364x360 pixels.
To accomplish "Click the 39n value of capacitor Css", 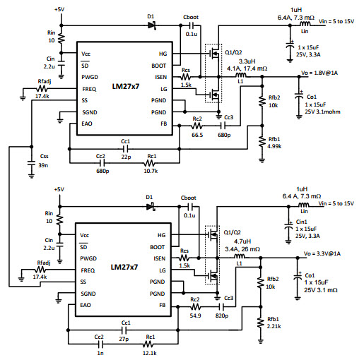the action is click(43, 165).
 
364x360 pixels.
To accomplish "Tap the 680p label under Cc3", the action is click(224, 135).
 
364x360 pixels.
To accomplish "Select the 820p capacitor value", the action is click(222, 316).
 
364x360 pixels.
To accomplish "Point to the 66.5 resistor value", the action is click(197, 135).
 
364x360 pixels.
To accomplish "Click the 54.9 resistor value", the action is click(195, 316).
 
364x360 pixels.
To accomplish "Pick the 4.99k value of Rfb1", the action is click(274, 146).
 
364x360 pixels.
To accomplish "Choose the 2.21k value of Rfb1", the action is click(274, 326).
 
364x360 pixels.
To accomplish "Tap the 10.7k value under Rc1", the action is click(151, 171).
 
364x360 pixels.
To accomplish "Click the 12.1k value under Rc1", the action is click(150, 353).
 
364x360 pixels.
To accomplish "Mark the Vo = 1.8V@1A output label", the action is click(319, 73).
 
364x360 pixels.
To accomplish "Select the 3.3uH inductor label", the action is click(247, 61).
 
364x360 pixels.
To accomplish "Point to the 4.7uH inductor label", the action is click(242, 241).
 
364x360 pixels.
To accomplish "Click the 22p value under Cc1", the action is click(126, 157).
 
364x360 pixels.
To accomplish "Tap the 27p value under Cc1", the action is click(124, 339).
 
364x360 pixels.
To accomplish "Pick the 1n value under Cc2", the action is click(100, 353).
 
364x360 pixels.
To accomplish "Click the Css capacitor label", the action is click(45, 156).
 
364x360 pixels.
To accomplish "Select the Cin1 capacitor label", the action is click(302, 222).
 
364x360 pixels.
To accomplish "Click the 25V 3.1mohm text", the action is click(323, 112).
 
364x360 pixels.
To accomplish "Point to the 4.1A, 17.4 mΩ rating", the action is click(247, 68).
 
